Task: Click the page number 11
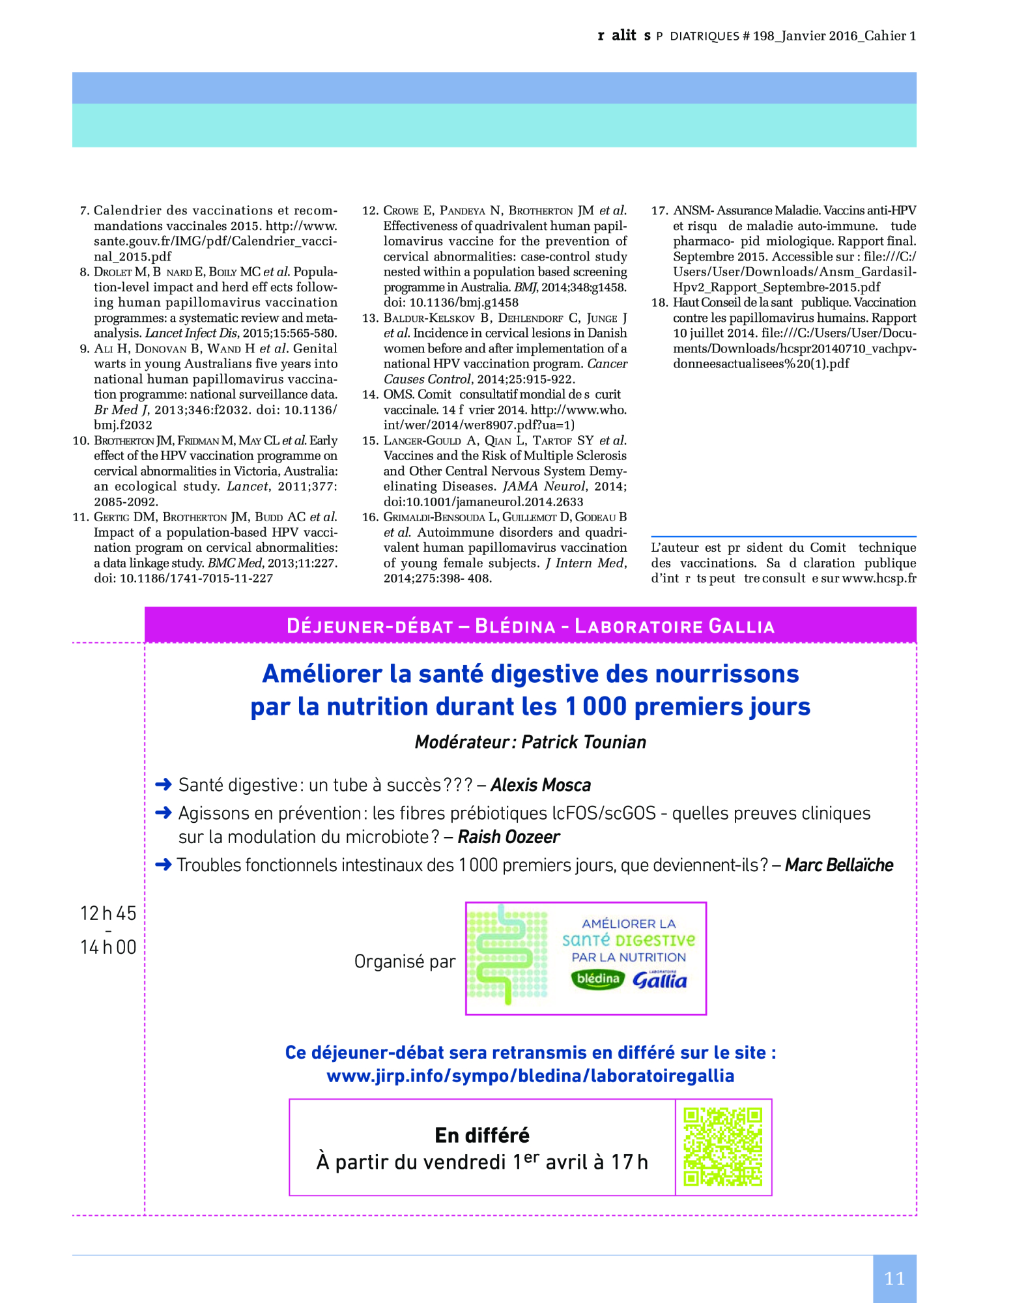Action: pos(894,1278)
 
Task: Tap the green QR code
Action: pos(722,1147)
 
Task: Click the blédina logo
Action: pos(597,979)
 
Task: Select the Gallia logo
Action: pos(659,979)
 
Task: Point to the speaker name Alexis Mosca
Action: pos(541,785)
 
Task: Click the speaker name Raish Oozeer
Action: pos(509,837)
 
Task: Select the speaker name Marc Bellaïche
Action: pos(839,865)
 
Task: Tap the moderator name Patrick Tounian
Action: pos(584,742)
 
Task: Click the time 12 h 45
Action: pos(108,913)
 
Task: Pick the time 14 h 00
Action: pos(108,947)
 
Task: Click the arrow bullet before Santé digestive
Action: pos(164,784)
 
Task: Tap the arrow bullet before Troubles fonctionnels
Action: pos(164,865)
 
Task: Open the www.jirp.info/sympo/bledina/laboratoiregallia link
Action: pos(530,1076)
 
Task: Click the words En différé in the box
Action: pos(482,1136)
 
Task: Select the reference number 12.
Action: pos(370,210)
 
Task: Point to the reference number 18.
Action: pos(659,302)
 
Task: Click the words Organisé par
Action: pos(405,961)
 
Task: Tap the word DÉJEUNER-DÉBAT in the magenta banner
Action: pos(369,626)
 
